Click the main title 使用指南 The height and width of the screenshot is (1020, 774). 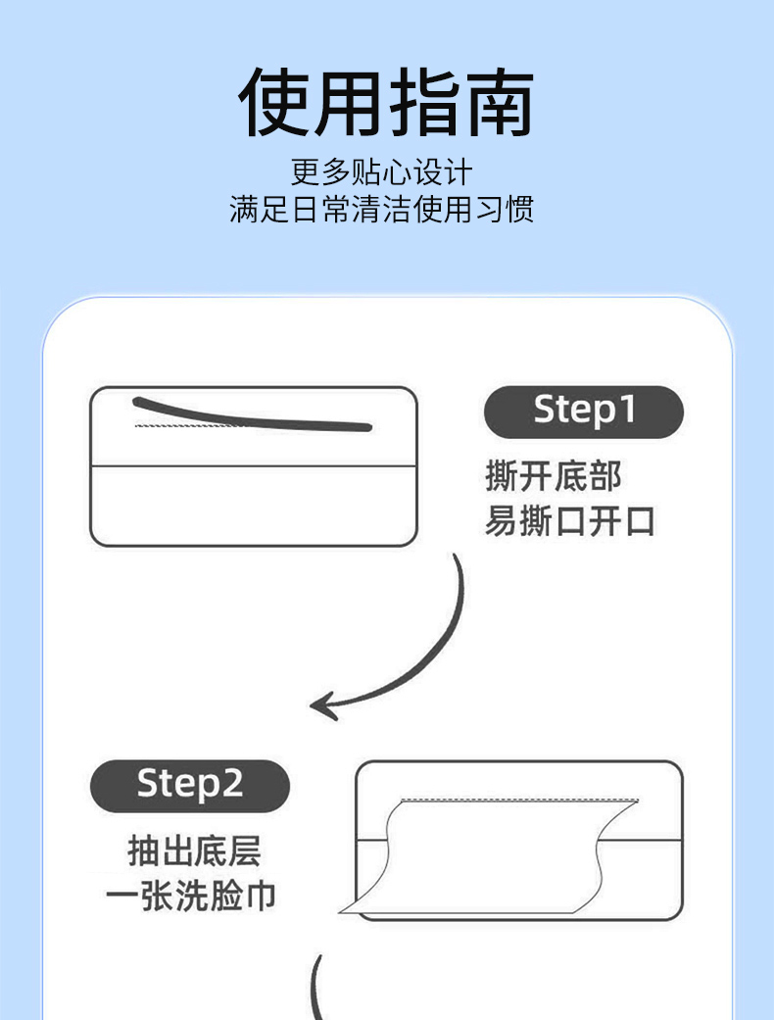tap(386, 102)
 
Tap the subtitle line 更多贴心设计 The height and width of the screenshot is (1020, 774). tap(382, 172)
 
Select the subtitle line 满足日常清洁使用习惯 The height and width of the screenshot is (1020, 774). tap(382, 210)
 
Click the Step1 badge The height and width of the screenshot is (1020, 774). tap(583, 412)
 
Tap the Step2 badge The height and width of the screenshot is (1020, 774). tap(189, 785)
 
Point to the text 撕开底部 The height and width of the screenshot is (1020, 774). tap(554, 476)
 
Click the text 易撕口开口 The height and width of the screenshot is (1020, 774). tap(570, 521)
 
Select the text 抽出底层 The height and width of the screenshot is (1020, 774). tap(194, 850)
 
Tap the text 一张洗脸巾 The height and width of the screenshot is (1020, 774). tap(191, 896)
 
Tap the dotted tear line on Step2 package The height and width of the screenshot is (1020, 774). tap(519, 801)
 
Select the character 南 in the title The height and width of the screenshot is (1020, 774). tap(500, 102)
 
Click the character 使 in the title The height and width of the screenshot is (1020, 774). tap(273, 102)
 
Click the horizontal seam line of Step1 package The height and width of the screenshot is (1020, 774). tap(253, 465)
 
